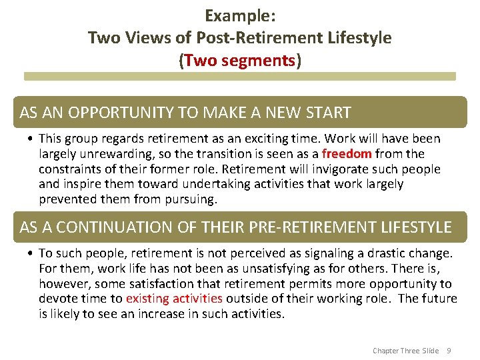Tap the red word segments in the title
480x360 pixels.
262,61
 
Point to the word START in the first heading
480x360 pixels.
327,113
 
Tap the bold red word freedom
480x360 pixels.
347,154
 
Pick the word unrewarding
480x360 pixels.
113,154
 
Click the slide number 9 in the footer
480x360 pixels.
449,351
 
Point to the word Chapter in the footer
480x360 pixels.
386,351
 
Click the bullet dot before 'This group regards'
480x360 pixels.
32,139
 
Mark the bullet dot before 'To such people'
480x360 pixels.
32,254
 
